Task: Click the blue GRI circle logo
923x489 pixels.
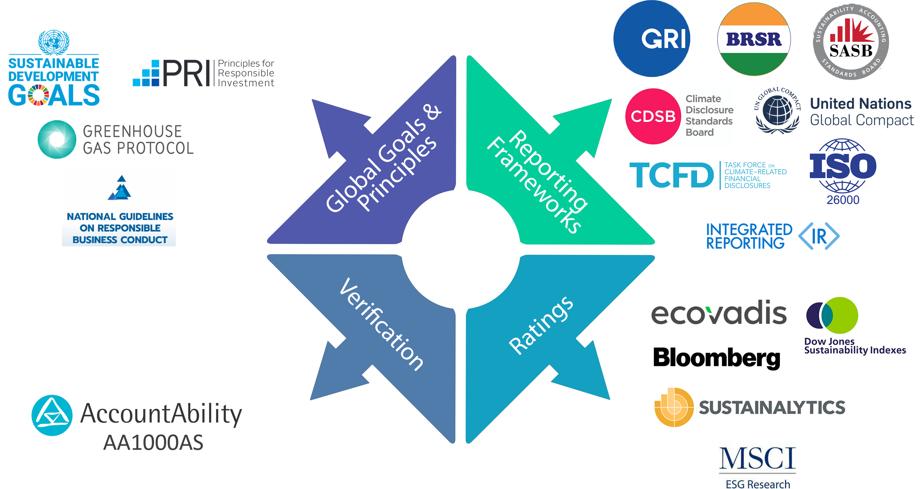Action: click(x=651, y=38)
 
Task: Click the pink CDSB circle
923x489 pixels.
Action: click(x=653, y=116)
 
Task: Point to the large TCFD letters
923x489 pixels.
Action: click(x=671, y=175)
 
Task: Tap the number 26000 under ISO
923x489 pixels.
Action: click(x=843, y=200)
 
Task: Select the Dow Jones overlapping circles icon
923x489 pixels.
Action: click(x=832, y=315)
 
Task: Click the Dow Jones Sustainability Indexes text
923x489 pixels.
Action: click(x=854, y=346)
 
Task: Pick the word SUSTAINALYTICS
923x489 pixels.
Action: click(x=772, y=407)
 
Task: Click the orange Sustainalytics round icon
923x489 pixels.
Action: click(x=673, y=407)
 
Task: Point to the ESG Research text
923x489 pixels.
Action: click(x=758, y=484)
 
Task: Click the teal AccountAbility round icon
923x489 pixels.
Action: click(x=52, y=415)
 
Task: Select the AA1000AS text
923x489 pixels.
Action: click(x=153, y=442)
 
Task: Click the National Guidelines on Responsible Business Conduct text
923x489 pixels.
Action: click(x=120, y=228)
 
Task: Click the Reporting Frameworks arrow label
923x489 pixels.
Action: click(x=537, y=181)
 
